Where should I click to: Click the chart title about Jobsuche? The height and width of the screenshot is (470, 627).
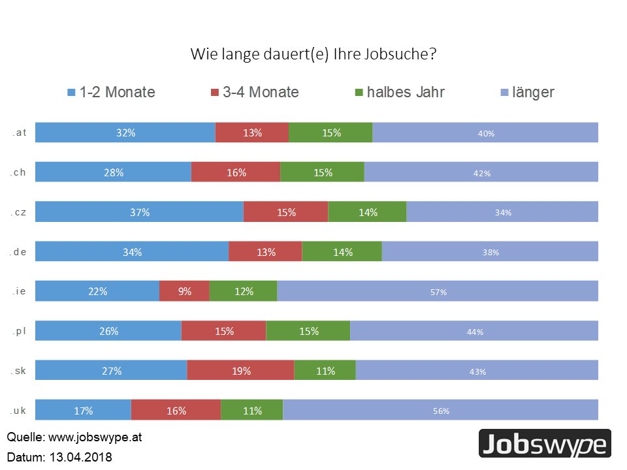point(313,54)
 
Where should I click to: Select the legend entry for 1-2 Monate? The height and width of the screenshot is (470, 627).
point(112,92)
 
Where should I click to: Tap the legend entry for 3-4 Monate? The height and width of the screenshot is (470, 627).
point(255,92)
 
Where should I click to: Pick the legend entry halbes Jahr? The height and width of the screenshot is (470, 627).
point(399,92)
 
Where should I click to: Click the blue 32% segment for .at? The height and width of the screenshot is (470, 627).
point(125,133)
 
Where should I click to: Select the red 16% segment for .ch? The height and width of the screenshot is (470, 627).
point(236,172)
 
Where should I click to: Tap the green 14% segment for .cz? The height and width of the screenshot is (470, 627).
point(367,212)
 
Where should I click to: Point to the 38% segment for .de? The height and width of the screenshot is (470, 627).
point(490,252)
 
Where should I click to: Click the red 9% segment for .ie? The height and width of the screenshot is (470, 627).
point(184,291)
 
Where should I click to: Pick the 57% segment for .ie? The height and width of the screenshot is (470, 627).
point(438,292)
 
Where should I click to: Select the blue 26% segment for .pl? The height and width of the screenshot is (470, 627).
point(108,331)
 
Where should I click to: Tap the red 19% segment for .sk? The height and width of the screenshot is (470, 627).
point(240,371)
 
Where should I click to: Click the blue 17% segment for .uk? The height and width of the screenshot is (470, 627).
point(83,411)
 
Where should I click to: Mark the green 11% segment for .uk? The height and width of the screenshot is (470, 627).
point(251,411)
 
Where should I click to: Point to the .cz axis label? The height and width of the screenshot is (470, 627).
point(18,212)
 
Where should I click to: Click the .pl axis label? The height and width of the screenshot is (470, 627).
point(18,331)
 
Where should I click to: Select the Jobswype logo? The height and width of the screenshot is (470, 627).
point(545,444)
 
